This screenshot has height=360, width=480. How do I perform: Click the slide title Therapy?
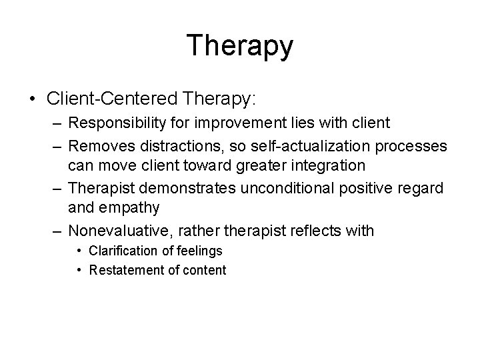point(239,45)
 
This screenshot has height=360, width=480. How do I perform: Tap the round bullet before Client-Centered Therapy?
point(33,99)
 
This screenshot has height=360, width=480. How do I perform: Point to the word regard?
point(422,189)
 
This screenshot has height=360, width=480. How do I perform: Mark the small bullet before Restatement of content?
point(79,270)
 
